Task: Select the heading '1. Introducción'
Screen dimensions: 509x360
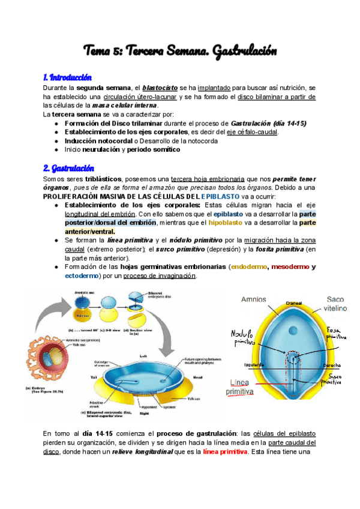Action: pos(67,77)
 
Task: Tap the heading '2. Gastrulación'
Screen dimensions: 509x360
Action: pos(68,167)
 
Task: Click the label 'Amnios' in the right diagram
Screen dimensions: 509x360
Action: pos(254,299)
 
